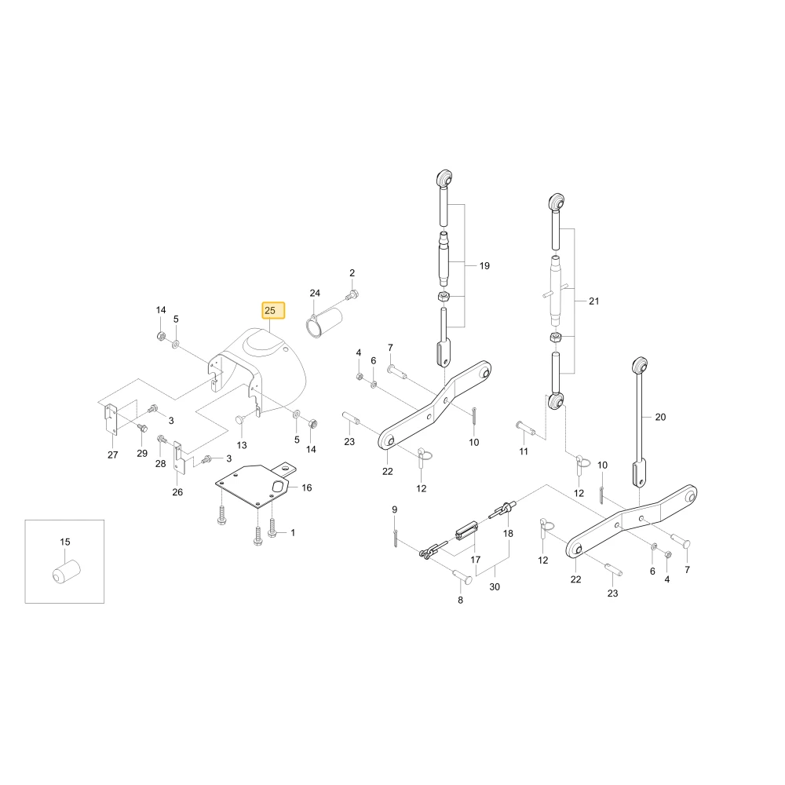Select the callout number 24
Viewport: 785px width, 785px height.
[x=315, y=293]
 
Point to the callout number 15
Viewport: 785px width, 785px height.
[x=65, y=542]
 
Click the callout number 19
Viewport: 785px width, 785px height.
[x=484, y=266]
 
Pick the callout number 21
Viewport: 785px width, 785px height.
[x=593, y=301]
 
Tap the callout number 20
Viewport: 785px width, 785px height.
[x=660, y=417]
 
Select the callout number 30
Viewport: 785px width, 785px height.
[x=494, y=586]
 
